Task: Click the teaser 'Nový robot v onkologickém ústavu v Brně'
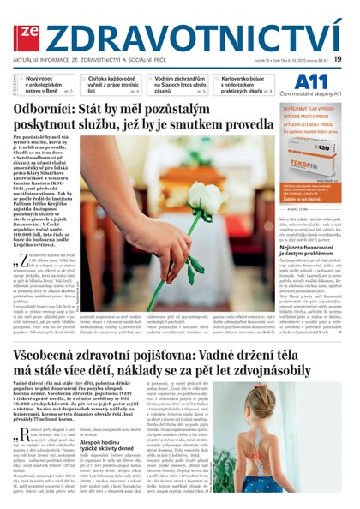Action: [50, 83]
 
